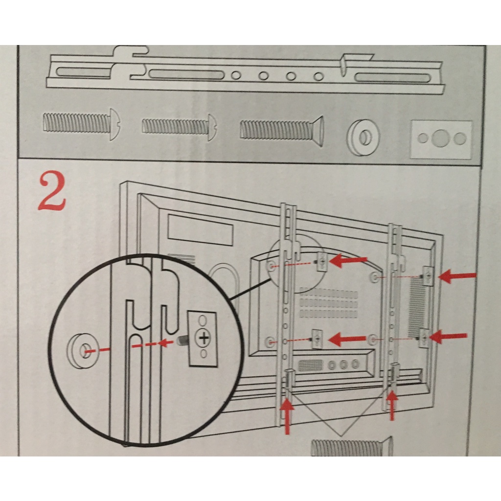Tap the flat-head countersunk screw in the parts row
[x=281, y=130]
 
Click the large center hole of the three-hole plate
[x=440, y=138]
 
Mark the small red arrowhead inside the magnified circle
[x=167, y=342]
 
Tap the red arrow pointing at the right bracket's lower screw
[x=448, y=337]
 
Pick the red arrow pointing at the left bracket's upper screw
[x=348, y=261]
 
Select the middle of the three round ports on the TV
[x=344, y=364]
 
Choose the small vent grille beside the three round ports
[x=310, y=365]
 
